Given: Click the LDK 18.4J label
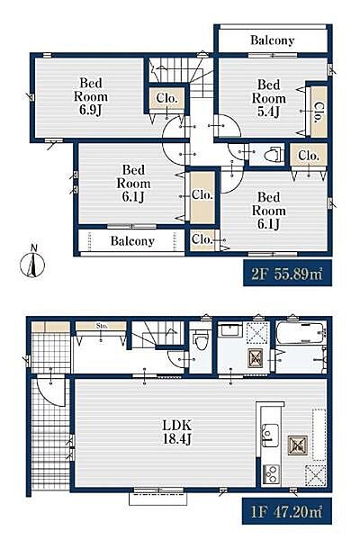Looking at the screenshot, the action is pyautogui.click(x=176, y=432).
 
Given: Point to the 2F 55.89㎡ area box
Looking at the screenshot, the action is pyautogui.click(x=287, y=274).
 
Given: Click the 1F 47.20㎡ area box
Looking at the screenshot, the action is pyautogui.click(x=286, y=511).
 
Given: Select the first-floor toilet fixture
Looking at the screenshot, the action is pyautogui.click(x=200, y=338).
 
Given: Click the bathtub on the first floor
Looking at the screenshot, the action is pyautogui.click(x=300, y=332).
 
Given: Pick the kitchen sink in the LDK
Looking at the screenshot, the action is pyautogui.click(x=270, y=436).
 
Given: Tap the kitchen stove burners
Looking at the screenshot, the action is pyautogui.click(x=271, y=474).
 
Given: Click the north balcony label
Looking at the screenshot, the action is pyautogui.click(x=272, y=40).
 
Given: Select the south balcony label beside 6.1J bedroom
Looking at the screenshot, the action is pyautogui.click(x=132, y=241).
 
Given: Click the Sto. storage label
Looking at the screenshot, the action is pyautogui.click(x=101, y=325).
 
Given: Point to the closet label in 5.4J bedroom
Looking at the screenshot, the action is pyautogui.click(x=319, y=112).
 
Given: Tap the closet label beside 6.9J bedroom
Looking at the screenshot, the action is pyautogui.click(x=166, y=98).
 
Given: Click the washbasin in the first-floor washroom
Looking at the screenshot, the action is pyautogui.click(x=230, y=330).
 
